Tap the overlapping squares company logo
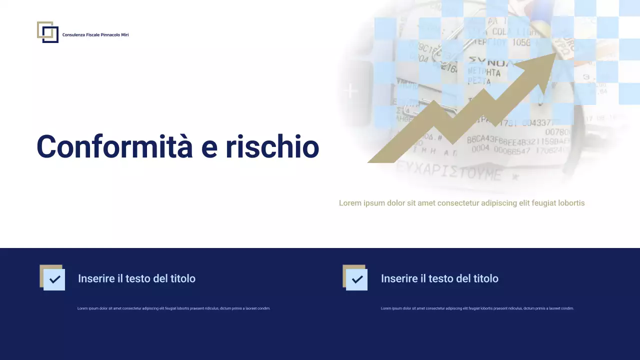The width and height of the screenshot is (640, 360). [47, 32]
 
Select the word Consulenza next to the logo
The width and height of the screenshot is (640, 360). [73, 35]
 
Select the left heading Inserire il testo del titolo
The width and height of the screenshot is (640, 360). [136, 278]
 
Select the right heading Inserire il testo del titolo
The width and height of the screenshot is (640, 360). [439, 278]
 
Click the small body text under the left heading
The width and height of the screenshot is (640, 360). [173, 308]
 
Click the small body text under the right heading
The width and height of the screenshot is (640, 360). [477, 308]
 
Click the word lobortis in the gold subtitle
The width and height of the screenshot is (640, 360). [569, 203]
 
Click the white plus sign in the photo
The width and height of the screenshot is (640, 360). [351, 91]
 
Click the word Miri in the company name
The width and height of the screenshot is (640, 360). [124, 35]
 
